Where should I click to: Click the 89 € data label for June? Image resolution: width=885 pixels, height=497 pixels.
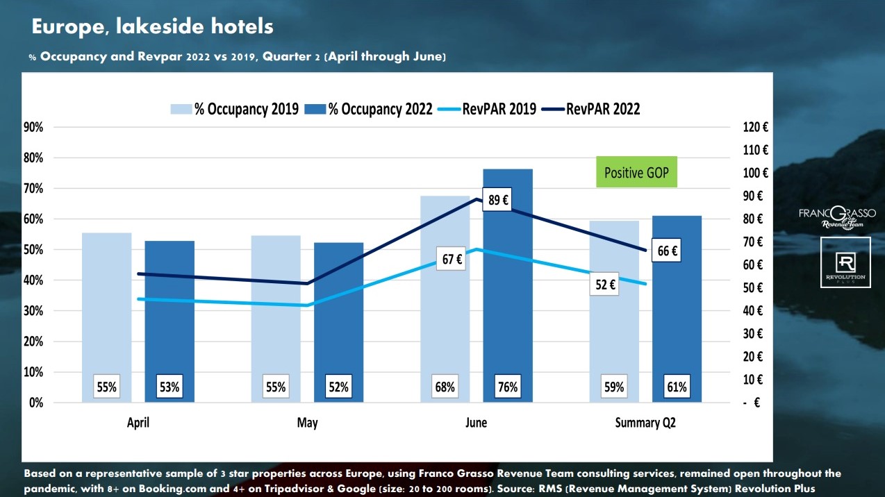click(x=497, y=200)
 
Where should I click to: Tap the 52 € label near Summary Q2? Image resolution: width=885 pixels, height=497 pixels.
click(x=605, y=284)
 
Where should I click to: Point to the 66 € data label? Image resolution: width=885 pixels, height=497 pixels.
click(x=667, y=251)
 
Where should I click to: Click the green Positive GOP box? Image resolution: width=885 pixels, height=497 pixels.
click(x=636, y=172)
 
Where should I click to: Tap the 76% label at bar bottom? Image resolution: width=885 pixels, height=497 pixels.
click(x=508, y=387)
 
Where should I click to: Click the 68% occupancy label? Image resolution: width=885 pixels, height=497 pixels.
click(x=445, y=387)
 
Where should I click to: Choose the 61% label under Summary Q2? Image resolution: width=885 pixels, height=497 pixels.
click(x=677, y=387)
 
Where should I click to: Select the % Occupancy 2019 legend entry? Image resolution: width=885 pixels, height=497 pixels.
click(x=236, y=109)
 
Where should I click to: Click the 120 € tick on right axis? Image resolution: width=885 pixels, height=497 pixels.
click(x=755, y=127)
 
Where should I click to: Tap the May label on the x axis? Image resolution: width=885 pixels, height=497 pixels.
click(x=307, y=423)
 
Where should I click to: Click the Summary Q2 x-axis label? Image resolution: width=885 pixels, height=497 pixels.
click(x=645, y=423)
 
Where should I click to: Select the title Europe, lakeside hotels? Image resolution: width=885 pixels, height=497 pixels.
click(x=153, y=27)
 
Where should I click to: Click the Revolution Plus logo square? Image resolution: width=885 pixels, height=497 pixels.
click(x=845, y=262)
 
